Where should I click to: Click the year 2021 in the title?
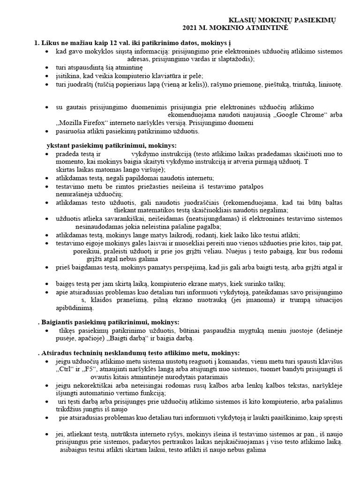coord(192,29)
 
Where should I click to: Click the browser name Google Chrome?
coord(285,115)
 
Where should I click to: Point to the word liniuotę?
coord(330,84)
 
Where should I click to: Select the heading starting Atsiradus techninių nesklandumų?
coord(140,352)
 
